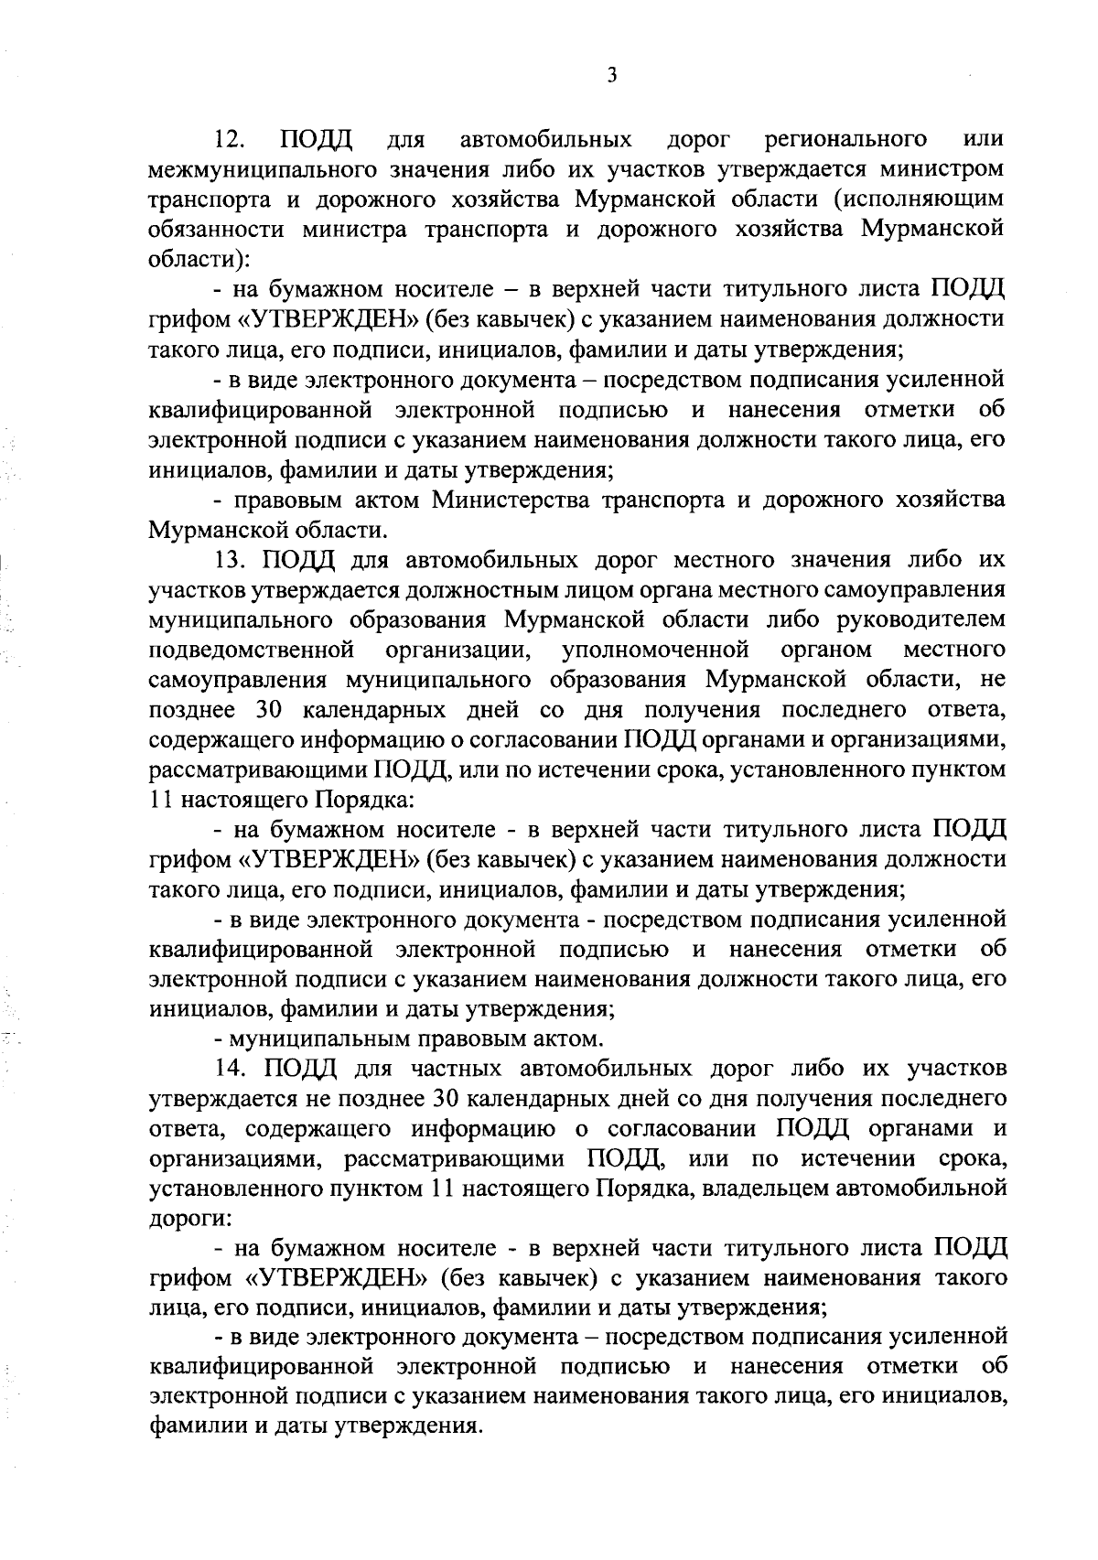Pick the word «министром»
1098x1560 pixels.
942,170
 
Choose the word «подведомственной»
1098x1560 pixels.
252,650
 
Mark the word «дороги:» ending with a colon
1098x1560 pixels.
184,1219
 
